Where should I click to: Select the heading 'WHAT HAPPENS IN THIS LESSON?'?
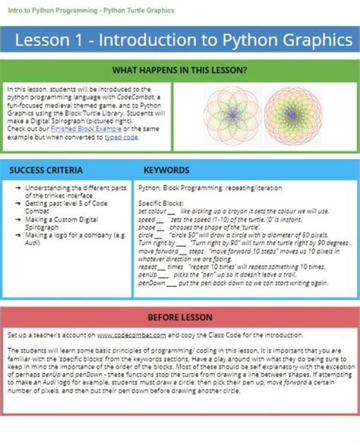coord(179,70)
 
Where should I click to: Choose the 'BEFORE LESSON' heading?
coord(179,317)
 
